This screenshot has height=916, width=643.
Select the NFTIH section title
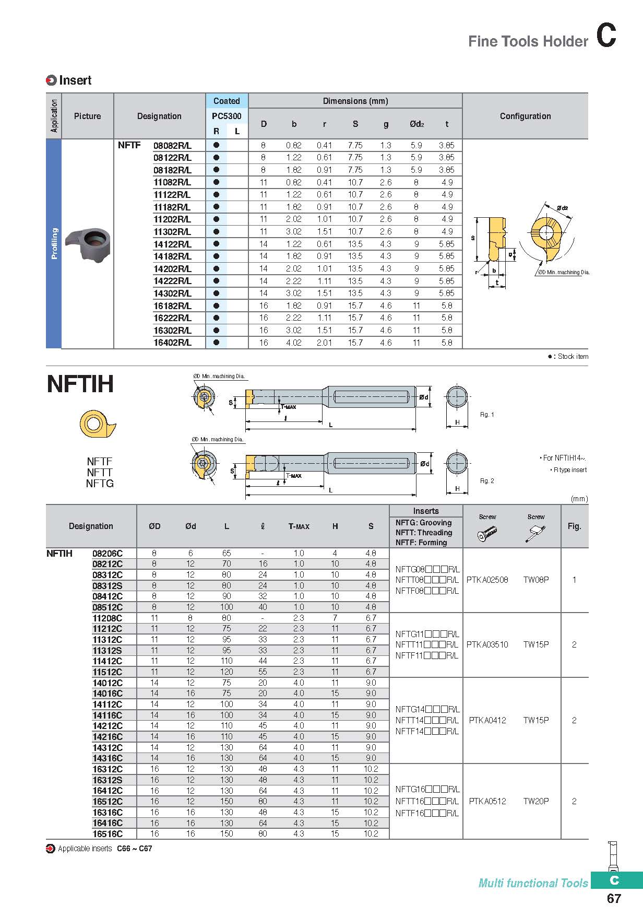80,384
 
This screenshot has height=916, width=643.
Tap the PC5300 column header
227,116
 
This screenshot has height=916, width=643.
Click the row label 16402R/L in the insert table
172,343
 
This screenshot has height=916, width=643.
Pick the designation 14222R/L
172,281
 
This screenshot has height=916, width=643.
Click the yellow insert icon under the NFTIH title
98,424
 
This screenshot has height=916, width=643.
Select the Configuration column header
525,116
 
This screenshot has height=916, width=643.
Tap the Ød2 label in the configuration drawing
562,208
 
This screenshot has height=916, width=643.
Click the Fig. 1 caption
486,415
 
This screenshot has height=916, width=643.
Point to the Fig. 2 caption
486,481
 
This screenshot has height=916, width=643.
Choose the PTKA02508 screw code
487,580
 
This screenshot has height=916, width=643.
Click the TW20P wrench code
536,801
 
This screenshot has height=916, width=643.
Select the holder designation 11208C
108,618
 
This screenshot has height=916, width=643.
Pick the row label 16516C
108,834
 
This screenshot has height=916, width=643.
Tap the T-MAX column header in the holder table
299,526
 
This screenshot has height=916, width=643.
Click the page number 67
614,898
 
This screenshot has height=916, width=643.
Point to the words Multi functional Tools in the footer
533,883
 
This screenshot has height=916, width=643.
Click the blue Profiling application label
54,243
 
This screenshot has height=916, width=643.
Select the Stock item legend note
568,357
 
